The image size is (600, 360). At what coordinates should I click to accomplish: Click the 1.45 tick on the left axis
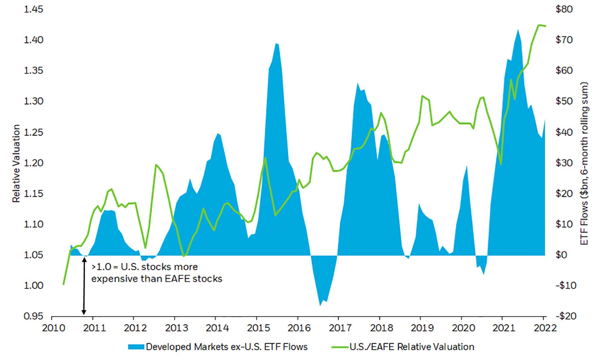(x=33, y=9)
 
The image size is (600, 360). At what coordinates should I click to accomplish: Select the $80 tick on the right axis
(x=564, y=9)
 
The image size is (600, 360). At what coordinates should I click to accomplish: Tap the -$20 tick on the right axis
(x=565, y=316)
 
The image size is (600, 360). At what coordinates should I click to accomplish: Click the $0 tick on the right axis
(x=562, y=255)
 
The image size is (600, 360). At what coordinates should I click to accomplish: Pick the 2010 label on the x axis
(x=53, y=328)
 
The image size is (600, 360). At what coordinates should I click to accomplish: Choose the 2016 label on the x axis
(x=299, y=328)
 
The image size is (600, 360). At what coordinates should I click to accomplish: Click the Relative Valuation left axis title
(x=16, y=163)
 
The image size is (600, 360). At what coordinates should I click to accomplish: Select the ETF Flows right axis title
(x=584, y=163)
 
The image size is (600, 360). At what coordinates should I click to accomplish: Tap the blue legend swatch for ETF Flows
(x=136, y=347)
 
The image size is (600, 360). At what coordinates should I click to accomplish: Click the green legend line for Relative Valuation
(x=340, y=347)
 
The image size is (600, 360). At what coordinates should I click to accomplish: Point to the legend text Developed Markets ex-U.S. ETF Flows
(x=227, y=347)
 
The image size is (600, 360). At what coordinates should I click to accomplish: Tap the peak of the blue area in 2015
(x=276, y=43)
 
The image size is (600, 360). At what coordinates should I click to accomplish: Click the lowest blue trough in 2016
(x=321, y=305)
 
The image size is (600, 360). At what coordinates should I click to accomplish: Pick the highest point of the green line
(x=539, y=25)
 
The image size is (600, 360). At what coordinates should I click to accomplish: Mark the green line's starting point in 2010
(x=63, y=284)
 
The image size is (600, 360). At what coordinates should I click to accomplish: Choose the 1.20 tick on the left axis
(x=33, y=163)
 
